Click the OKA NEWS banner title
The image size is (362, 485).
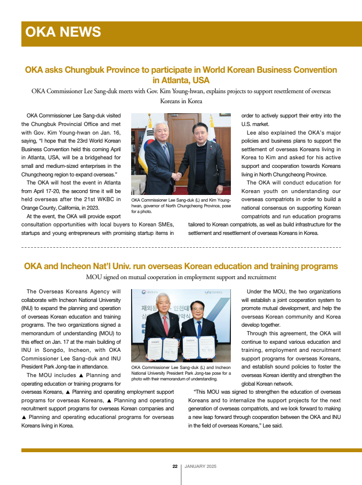click(x=63, y=32)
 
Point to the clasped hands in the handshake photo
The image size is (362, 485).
click(x=177, y=175)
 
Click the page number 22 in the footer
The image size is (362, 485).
click(x=175, y=466)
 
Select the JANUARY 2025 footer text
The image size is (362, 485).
click(x=200, y=466)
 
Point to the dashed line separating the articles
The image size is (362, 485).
click(x=181, y=248)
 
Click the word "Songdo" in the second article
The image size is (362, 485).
click(x=49, y=350)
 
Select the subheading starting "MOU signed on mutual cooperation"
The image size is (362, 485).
click(x=181, y=277)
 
